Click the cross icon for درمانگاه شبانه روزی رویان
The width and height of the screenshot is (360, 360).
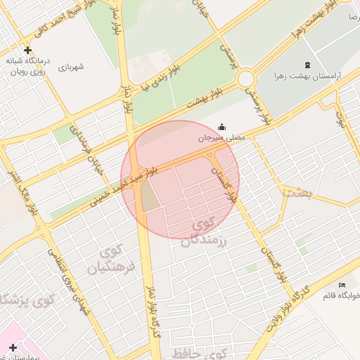[x=27, y=50]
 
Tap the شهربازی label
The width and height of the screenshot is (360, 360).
[x=71, y=67]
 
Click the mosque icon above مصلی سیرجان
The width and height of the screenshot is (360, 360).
[x=222, y=127]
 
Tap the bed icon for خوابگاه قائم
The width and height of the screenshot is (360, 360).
[x=342, y=285]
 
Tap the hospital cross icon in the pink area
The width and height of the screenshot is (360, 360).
[x=13, y=347]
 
